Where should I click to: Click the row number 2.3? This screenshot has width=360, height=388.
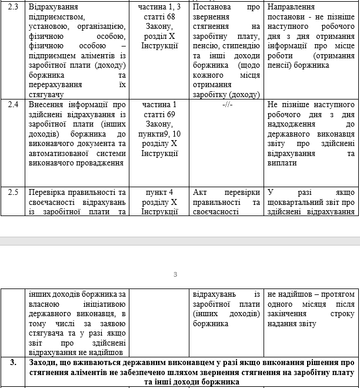point(13,8)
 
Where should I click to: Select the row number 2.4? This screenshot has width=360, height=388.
point(13,105)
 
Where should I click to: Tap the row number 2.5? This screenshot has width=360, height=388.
point(13,193)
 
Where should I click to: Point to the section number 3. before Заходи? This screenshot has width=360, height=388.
point(12,363)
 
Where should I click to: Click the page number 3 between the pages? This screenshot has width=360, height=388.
point(175,274)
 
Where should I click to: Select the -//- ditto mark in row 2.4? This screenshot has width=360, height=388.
point(227,105)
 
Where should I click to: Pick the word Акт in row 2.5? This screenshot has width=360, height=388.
point(201,193)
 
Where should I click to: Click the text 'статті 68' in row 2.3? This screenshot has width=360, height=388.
point(159,17)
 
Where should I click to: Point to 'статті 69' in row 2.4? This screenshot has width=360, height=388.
point(159,114)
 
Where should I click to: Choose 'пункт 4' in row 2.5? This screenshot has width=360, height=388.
point(159,193)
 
